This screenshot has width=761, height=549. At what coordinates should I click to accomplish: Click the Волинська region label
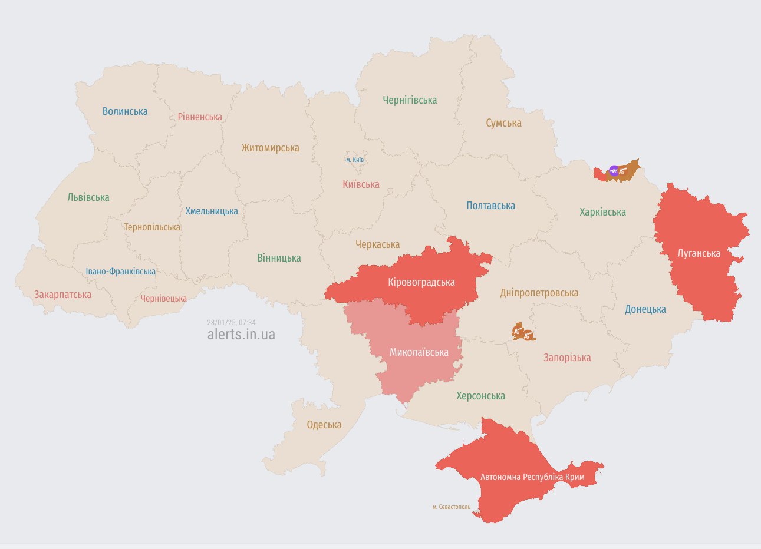click(x=125, y=111)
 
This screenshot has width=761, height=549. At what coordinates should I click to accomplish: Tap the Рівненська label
click(x=200, y=117)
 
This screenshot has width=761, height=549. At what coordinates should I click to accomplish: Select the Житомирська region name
click(x=270, y=148)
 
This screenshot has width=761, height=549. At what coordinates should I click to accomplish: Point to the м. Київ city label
click(x=354, y=160)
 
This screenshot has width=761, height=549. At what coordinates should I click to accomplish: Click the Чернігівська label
click(x=410, y=100)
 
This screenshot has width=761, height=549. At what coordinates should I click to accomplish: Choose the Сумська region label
click(x=503, y=123)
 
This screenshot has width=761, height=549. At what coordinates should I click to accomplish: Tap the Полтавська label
click(x=490, y=206)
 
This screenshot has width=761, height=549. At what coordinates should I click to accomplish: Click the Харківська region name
click(x=602, y=212)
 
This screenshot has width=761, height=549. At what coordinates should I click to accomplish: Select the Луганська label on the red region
click(x=699, y=253)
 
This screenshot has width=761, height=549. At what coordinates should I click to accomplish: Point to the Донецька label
click(x=645, y=309)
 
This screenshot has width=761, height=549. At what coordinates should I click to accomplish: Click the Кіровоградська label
click(x=421, y=282)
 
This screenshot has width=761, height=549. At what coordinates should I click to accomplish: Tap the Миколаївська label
click(x=419, y=352)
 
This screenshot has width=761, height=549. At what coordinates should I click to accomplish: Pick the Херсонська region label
click(x=480, y=396)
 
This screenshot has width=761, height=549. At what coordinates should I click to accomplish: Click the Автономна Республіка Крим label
click(x=532, y=477)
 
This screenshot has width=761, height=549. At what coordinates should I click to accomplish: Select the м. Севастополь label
click(x=451, y=507)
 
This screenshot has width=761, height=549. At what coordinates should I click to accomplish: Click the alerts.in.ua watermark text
click(x=241, y=335)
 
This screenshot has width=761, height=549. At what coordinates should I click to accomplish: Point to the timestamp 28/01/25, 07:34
click(x=231, y=322)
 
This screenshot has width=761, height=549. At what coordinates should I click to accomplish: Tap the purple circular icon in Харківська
click(x=614, y=171)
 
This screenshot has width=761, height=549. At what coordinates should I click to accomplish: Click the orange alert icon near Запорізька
click(x=523, y=333)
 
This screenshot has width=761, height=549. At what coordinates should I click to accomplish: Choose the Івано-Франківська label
click(x=120, y=272)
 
